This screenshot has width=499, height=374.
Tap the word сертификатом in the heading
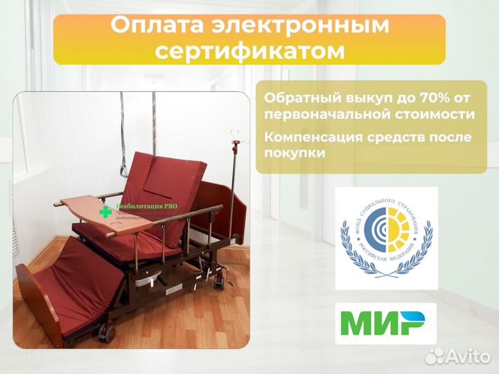coord(249,51)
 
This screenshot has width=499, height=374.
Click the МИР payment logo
coord(385,323)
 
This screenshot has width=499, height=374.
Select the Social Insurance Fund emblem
coord(386,238)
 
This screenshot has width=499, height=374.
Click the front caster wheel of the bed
coord(107,333)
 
